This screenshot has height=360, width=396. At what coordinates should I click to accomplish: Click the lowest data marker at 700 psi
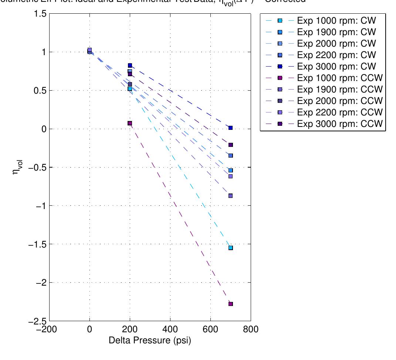click(230, 304)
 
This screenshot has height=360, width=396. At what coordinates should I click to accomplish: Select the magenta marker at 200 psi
click(130, 123)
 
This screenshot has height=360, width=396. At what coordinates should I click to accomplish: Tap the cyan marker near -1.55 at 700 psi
click(230, 248)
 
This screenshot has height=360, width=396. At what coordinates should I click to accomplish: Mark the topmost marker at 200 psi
click(130, 65)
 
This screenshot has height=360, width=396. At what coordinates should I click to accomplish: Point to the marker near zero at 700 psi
click(230, 128)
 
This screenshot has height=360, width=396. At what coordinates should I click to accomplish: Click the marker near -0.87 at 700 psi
click(230, 196)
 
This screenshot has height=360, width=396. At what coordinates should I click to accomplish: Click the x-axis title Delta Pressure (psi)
click(150, 340)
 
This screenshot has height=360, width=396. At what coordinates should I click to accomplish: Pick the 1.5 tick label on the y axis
click(40, 14)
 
